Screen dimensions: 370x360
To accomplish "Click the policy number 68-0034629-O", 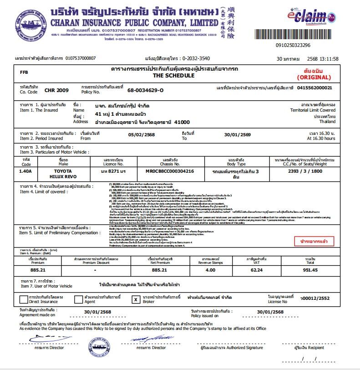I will [x=145, y=90].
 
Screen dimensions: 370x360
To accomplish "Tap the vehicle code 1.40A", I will [x=25, y=171].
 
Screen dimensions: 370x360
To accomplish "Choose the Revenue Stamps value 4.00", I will [x=210, y=270].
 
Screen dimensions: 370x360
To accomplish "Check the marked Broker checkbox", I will [x=135, y=299].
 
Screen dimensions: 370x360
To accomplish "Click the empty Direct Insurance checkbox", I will [x=23, y=299].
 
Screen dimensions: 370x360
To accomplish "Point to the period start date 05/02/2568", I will [x=142, y=135].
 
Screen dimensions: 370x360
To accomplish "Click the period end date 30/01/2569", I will [x=237, y=135].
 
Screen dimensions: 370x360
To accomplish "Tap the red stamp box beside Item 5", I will [x=314, y=241].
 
